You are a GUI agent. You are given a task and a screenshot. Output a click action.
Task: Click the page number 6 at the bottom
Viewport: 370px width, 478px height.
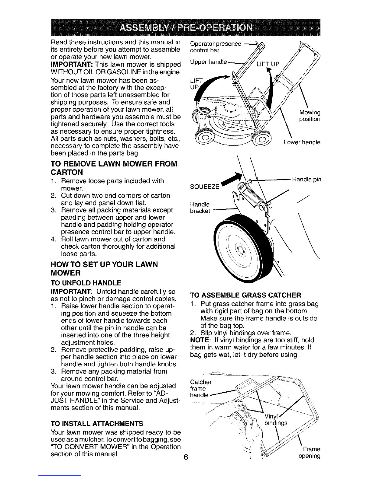pos(186,457)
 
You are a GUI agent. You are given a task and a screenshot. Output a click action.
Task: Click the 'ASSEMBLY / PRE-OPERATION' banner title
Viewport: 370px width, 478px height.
pos(186,28)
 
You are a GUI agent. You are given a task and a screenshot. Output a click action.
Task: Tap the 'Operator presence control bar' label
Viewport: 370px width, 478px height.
pos(216,47)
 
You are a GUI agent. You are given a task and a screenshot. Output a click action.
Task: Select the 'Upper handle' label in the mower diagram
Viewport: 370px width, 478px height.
pos(209,62)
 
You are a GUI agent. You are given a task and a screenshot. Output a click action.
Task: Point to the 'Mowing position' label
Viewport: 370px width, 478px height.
pos(310,116)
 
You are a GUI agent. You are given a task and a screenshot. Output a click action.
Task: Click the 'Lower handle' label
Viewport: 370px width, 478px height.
pos(302,142)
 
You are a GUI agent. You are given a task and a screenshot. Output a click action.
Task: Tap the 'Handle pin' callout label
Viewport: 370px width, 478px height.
pos(307,180)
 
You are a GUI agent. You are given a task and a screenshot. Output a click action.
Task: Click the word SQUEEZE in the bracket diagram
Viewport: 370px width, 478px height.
pos(205,187)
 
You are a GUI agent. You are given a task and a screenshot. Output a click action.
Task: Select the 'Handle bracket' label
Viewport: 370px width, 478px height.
pos(200,208)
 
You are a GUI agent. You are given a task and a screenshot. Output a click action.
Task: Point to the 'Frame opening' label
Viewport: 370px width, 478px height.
pos(310,452)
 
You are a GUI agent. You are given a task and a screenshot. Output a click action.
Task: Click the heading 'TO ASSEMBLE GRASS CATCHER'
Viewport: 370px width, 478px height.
pos(245,295)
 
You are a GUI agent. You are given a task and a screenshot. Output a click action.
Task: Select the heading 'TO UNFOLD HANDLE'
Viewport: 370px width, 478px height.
pos(86,283)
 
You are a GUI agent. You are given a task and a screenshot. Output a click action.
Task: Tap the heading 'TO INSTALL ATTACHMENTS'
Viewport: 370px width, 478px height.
pos(97,423)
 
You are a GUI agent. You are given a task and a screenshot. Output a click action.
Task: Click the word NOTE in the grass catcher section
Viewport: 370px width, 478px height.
pos(200,340)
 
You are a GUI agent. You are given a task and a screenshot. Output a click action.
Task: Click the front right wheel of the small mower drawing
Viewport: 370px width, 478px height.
pos(262,139)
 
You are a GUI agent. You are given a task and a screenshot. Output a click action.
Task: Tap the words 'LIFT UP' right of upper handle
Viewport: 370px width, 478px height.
pos(268,64)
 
